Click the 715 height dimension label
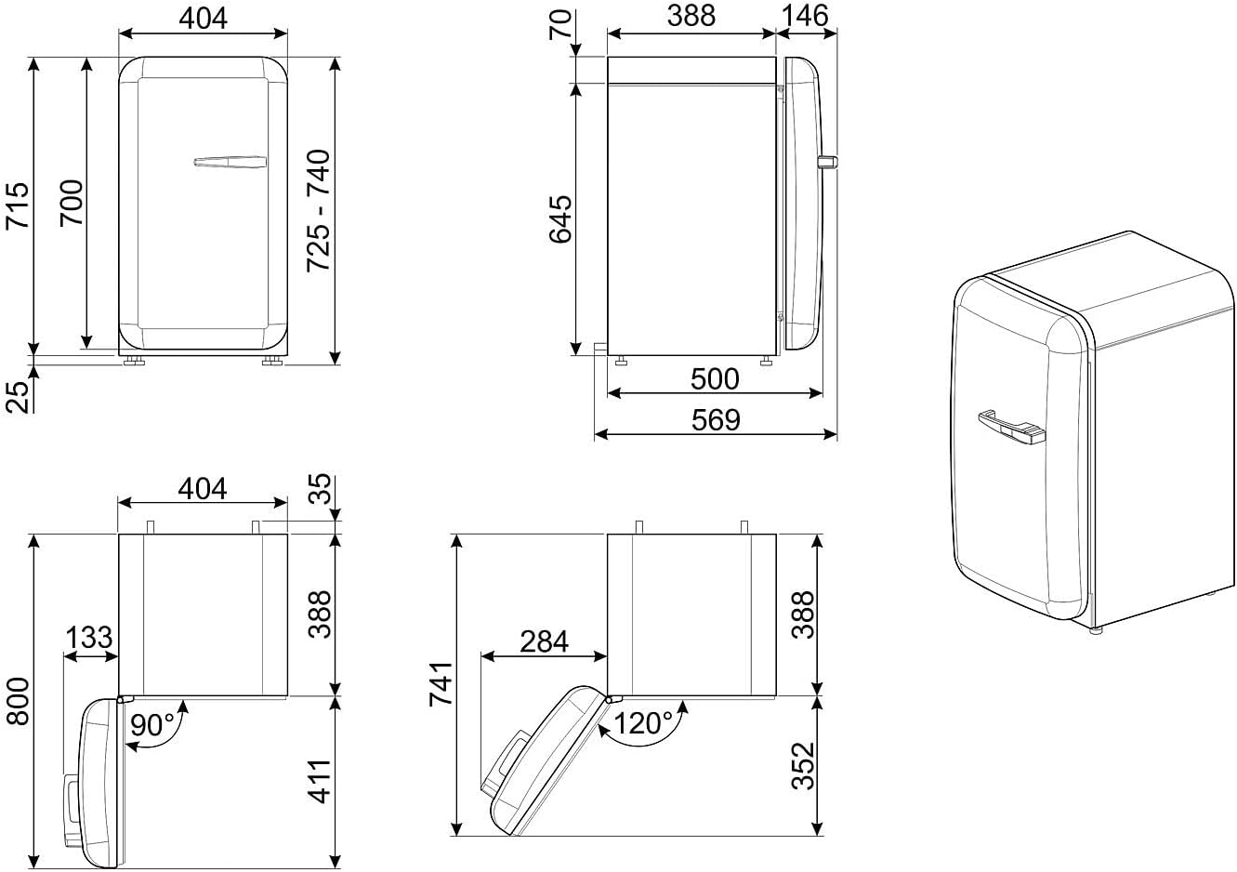17,205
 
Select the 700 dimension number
72,203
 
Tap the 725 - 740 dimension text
319,210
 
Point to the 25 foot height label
17,397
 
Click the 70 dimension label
560,25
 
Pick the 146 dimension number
804,16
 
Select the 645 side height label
560,218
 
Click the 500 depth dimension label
715,379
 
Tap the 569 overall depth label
716,420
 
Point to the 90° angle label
152,724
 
